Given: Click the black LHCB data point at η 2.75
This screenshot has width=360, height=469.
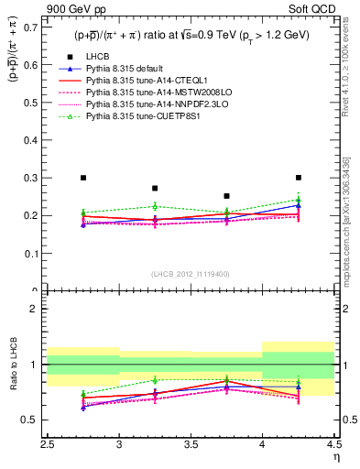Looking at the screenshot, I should [83, 178].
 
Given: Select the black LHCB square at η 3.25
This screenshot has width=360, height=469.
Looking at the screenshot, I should [155, 188].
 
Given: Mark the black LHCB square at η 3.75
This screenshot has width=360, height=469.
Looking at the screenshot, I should [226, 196].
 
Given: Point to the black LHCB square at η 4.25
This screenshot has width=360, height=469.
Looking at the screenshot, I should [298, 178].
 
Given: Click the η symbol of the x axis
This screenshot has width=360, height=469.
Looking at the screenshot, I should [336, 455].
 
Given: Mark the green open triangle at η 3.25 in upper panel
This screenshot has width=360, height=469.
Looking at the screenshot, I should [155, 206].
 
